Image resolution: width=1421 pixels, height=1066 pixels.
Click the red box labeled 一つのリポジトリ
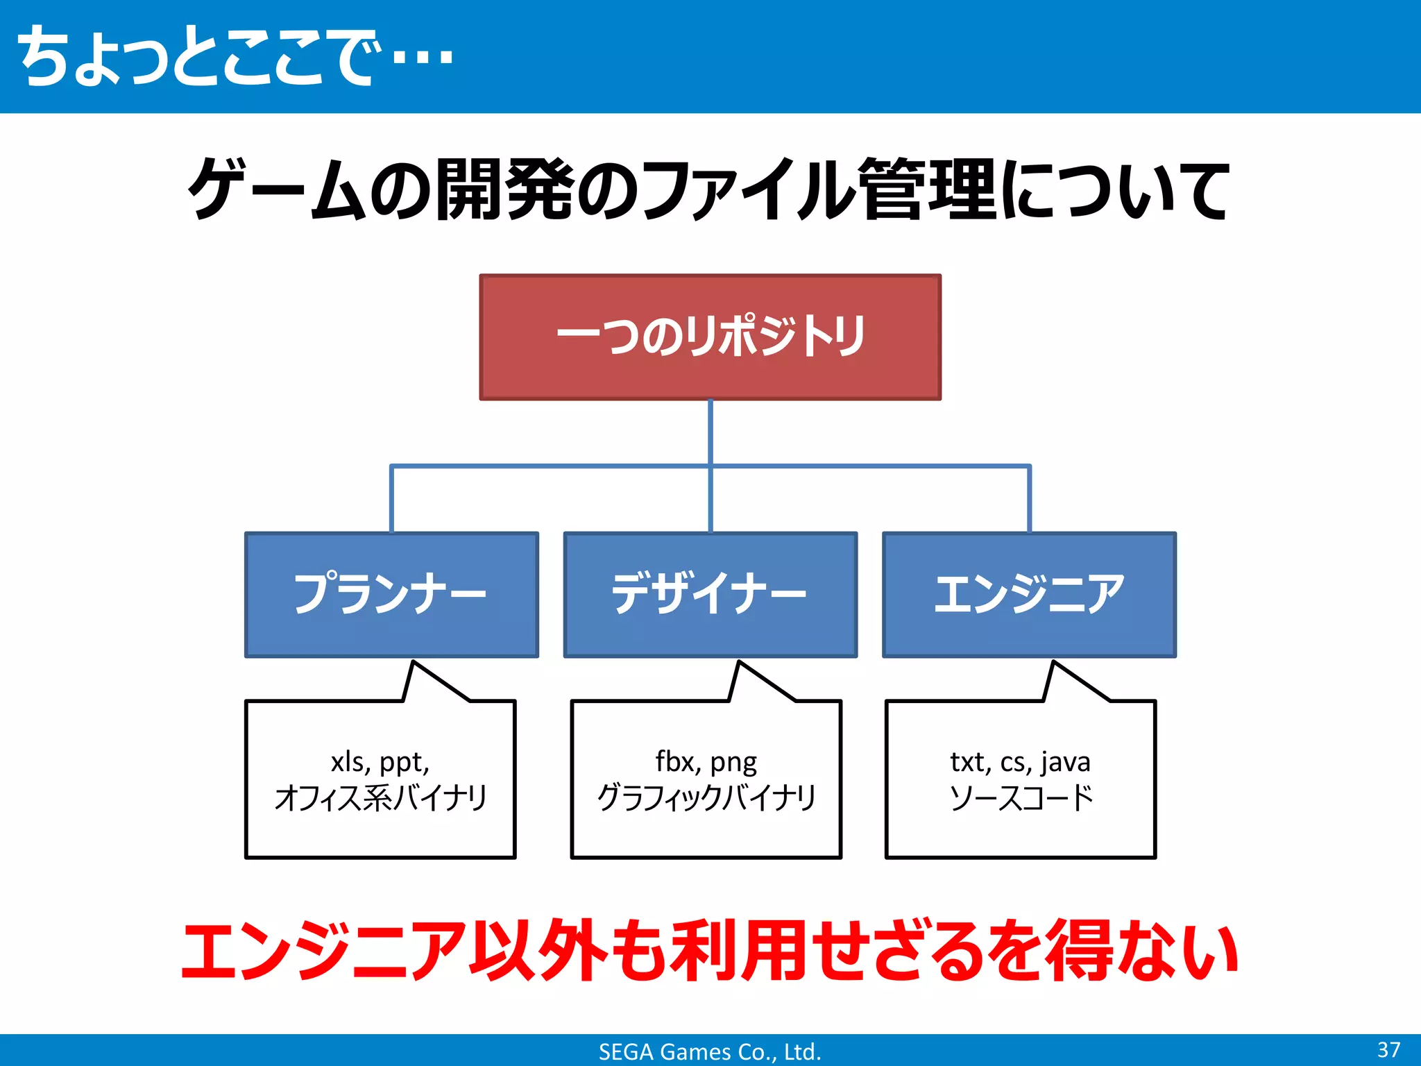(710, 337)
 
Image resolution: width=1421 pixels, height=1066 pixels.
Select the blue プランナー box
(391, 594)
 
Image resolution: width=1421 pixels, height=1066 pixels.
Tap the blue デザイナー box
(710, 594)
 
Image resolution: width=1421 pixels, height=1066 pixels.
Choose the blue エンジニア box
(1029, 594)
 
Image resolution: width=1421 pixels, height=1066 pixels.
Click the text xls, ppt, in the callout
(380, 762)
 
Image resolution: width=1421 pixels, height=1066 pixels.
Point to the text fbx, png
(706, 762)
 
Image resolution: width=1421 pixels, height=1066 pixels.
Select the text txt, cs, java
(1020, 762)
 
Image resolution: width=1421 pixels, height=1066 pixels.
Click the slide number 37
(1388, 1049)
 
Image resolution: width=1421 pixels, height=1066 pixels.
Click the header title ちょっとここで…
(236, 57)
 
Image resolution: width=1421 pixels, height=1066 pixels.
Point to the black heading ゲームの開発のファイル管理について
(709, 189)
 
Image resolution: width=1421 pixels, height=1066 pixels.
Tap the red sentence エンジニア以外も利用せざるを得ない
(709, 951)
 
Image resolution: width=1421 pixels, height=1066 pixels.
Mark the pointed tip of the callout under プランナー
(414, 663)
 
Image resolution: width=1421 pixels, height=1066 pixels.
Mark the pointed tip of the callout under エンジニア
(1054, 663)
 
